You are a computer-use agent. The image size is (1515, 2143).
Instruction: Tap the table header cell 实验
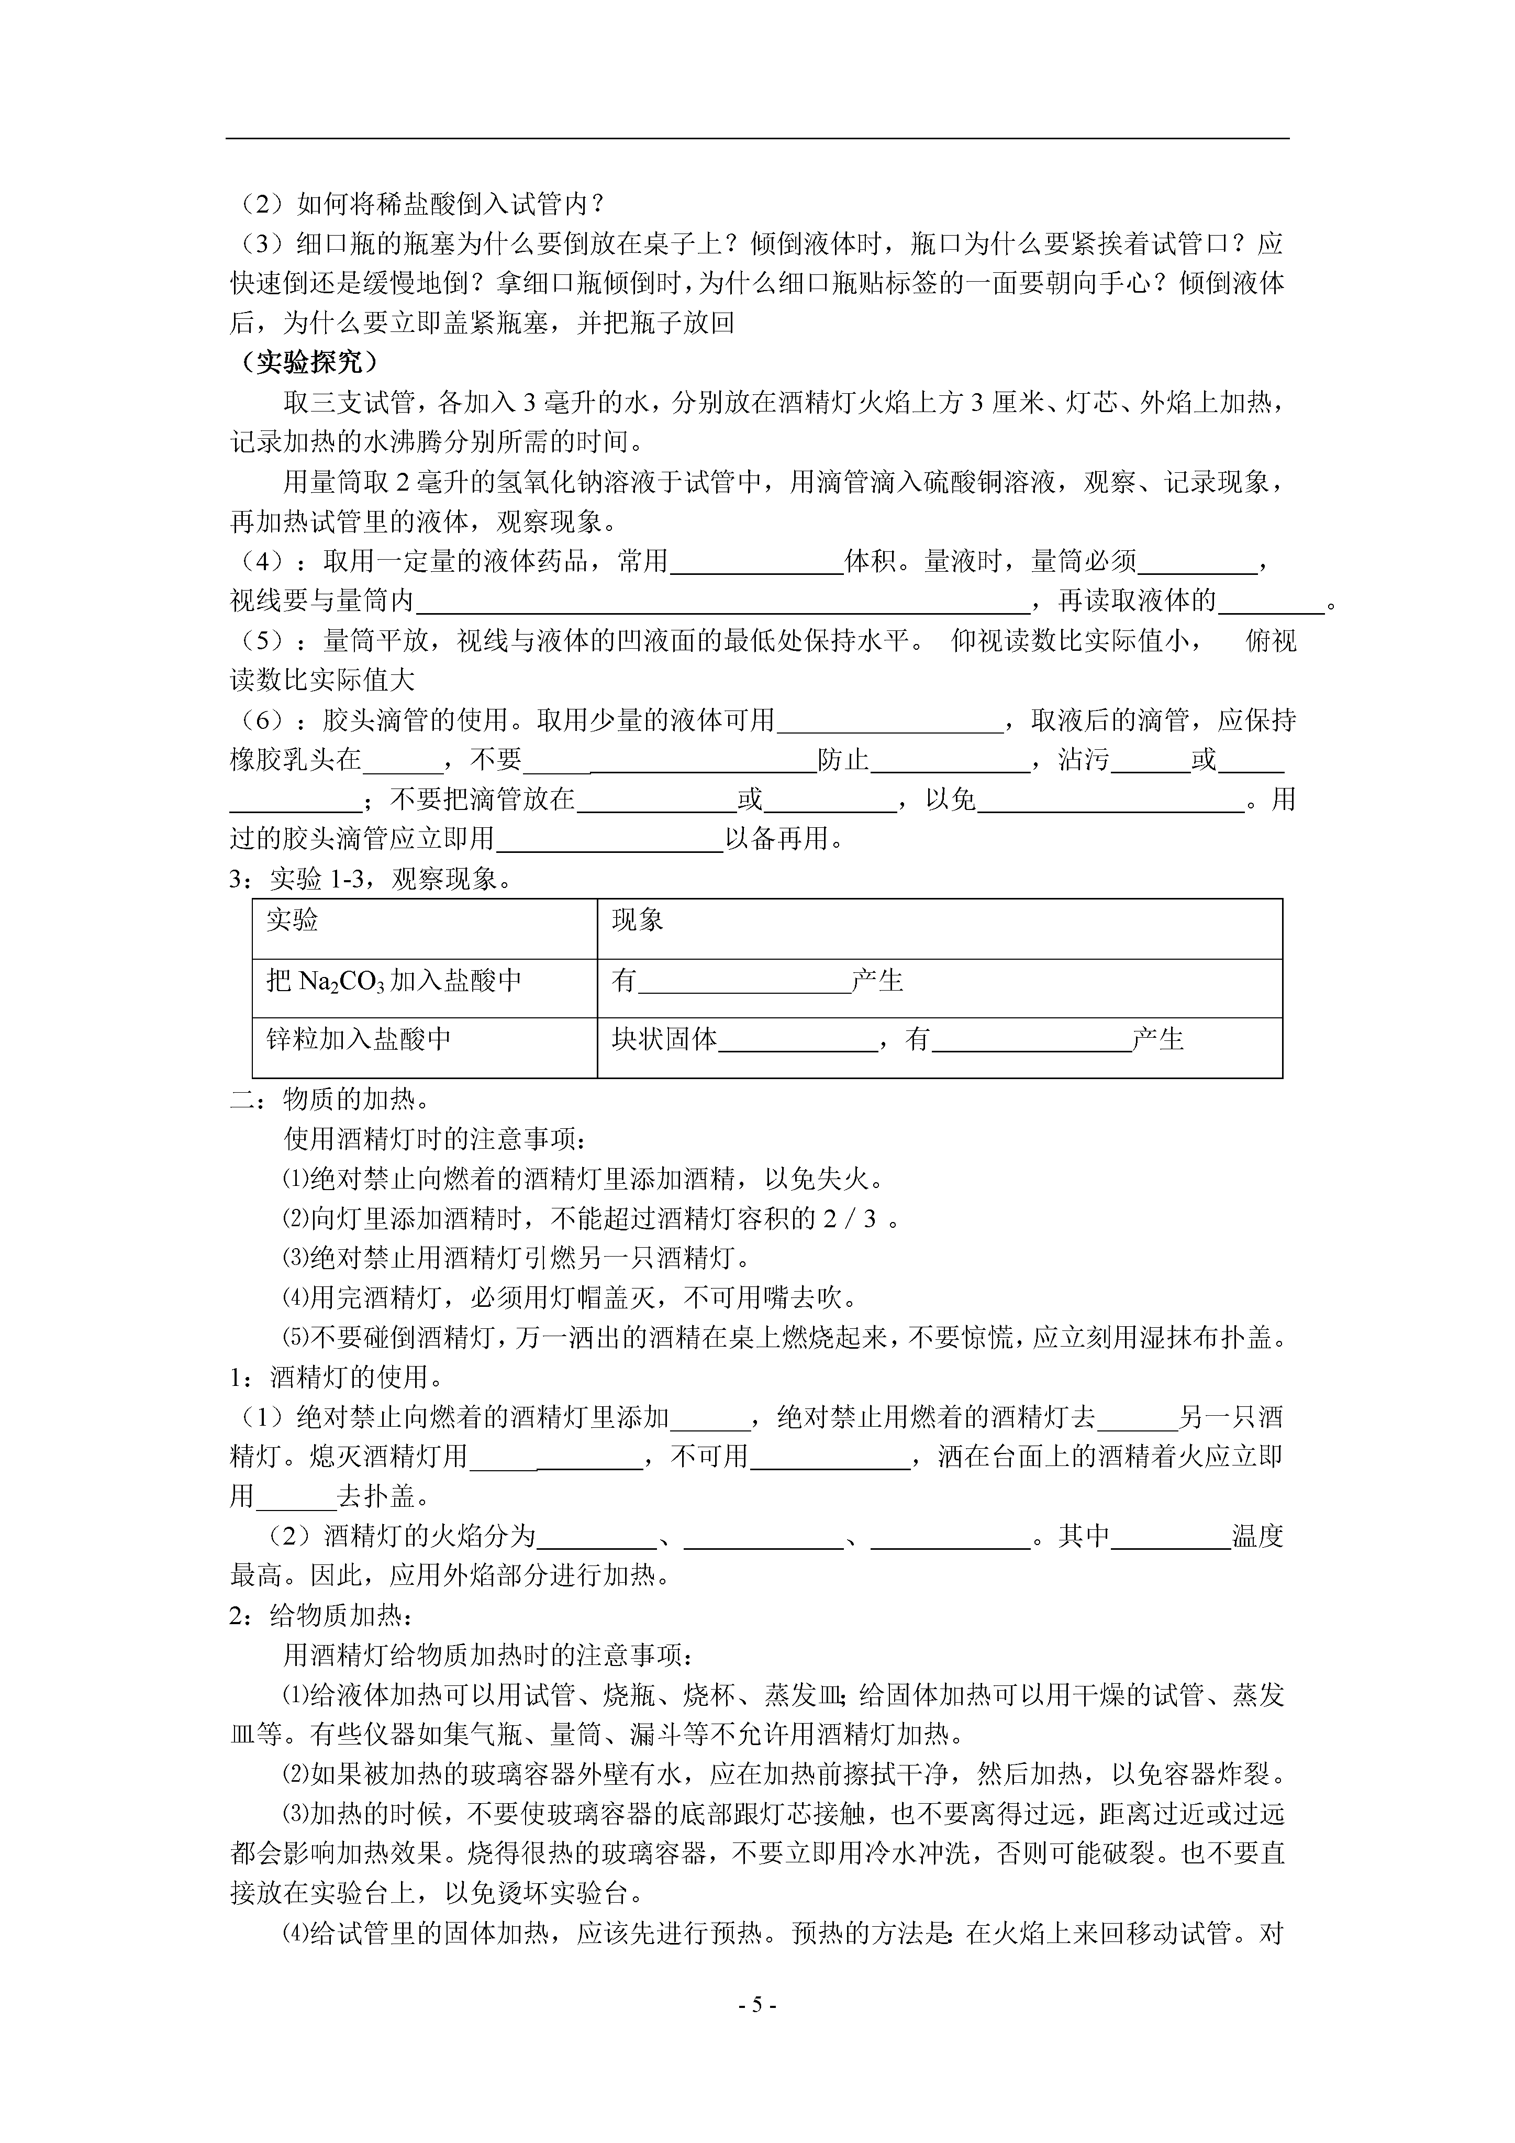click(292, 921)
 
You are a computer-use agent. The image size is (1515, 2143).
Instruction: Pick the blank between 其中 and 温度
click(1171, 1537)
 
